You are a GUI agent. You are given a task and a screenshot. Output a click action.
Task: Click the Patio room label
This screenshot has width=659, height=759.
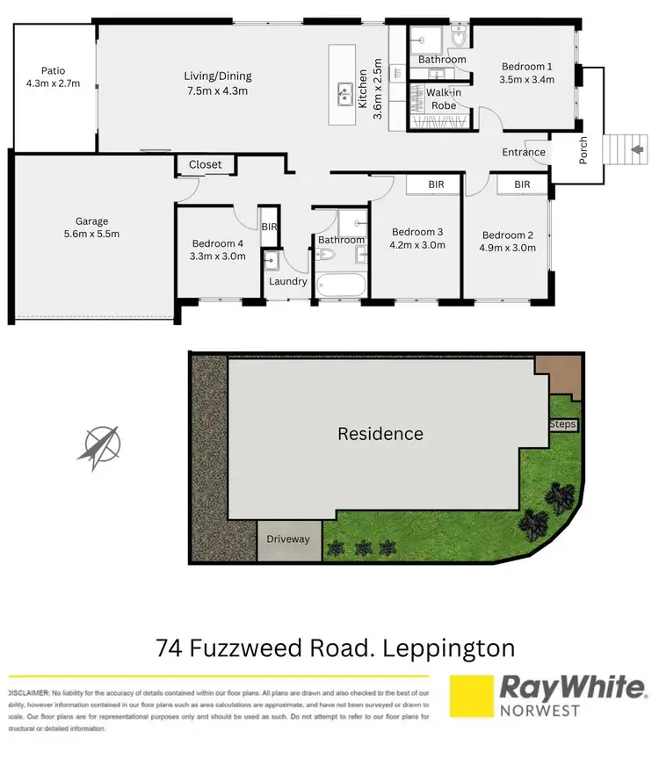[53, 77]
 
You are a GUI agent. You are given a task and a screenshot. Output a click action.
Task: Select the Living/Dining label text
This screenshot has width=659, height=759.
[216, 83]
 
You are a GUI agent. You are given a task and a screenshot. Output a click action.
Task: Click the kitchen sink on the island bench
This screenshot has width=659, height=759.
[343, 91]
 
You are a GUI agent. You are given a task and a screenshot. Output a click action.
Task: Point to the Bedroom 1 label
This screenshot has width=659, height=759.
[527, 73]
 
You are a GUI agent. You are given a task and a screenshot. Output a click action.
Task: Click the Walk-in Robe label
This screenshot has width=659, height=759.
[443, 98]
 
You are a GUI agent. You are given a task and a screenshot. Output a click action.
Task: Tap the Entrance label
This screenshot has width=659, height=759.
[524, 153]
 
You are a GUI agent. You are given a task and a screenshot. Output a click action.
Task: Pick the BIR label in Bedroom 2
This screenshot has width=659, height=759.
[522, 184]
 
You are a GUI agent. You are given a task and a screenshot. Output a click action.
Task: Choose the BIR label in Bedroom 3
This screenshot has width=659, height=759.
[436, 185]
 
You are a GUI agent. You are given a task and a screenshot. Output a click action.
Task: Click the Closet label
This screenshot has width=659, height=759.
[206, 164]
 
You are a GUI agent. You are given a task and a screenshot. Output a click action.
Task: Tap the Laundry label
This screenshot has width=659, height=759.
[288, 281]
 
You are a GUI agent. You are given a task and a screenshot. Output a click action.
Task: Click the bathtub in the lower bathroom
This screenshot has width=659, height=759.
[340, 286]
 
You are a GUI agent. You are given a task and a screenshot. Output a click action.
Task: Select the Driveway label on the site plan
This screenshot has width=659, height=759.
[289, 539]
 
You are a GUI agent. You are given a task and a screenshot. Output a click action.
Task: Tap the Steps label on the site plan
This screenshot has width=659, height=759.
[562, 424]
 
